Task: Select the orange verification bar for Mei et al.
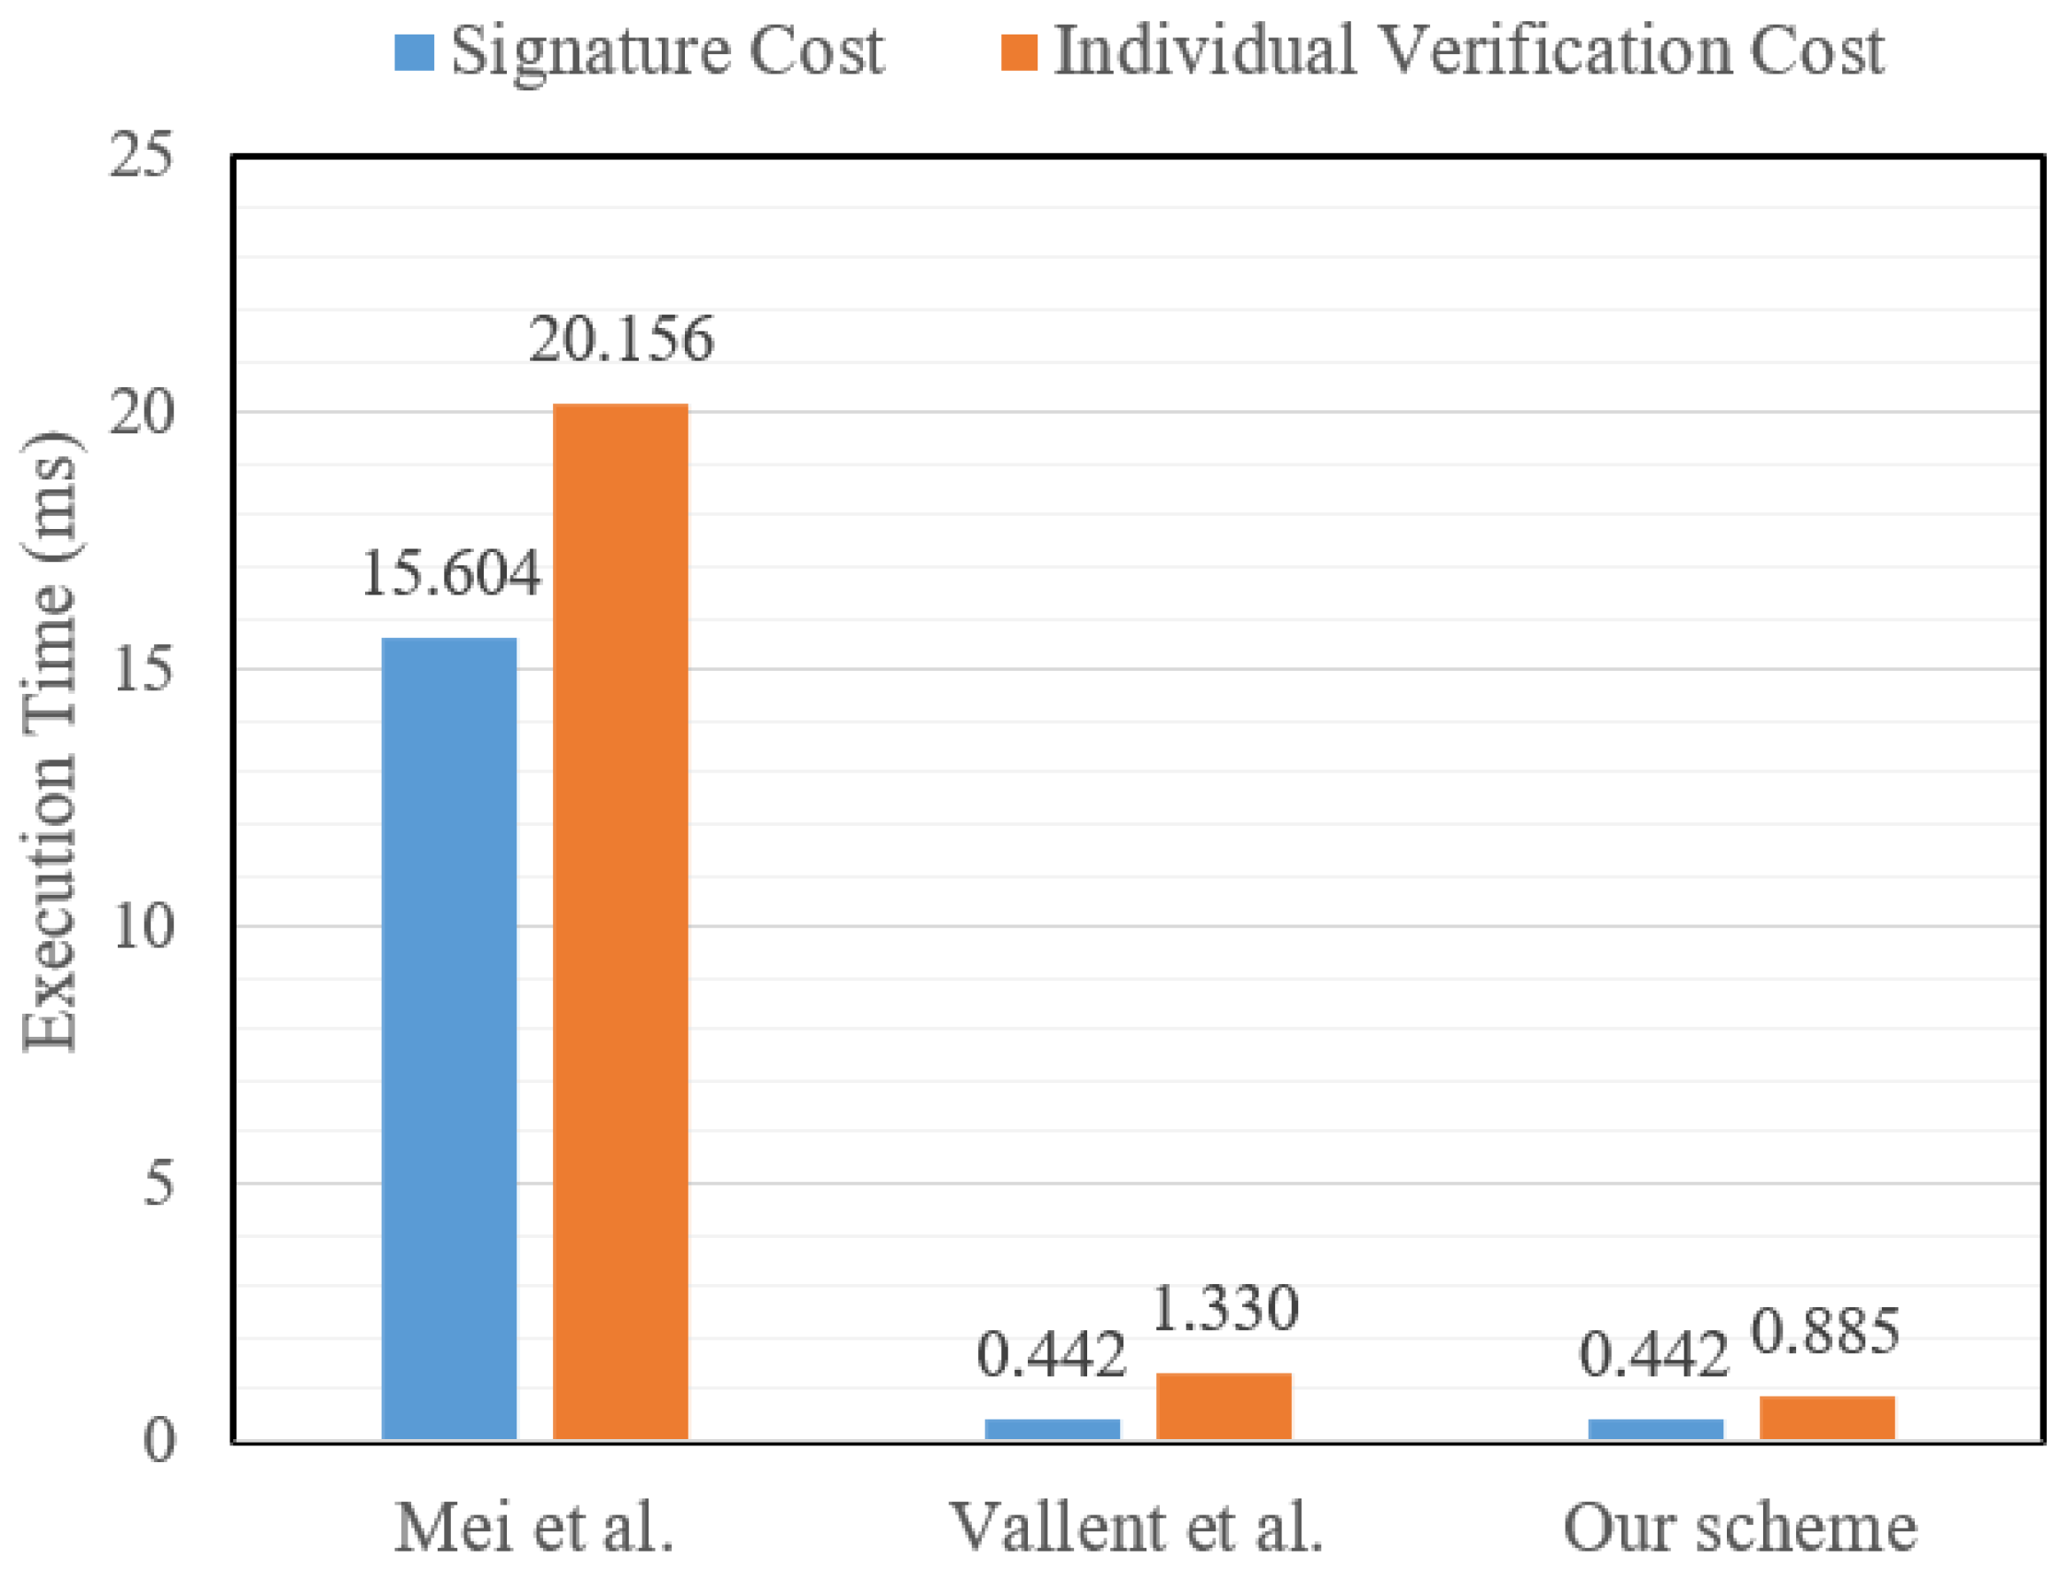(620, 921)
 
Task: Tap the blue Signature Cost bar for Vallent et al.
(1052, 1428)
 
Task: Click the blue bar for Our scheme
(1655, 1428)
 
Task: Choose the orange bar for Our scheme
(1827, 1418)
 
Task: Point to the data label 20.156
(621, 339)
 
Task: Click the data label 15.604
(450, 572)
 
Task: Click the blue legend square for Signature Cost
(414, 52)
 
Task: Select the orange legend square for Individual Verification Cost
(1019, 52)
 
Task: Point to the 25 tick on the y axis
(140, 154)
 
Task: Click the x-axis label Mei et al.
(534, 1527)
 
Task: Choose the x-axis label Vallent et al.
(1136, 1527)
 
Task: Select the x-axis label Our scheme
(1739, 1527)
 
